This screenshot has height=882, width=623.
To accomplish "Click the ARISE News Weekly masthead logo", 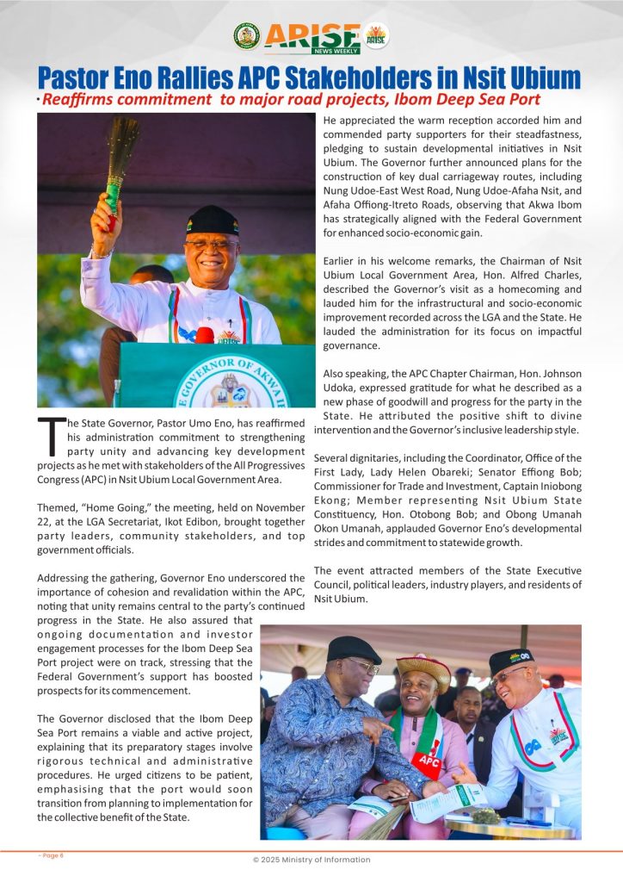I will coord(311,37).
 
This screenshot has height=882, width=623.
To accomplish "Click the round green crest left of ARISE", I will coord(246,36).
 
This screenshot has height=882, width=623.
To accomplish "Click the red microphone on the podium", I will coord(205,334).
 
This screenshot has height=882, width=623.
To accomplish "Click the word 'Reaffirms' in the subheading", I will coord(80,100).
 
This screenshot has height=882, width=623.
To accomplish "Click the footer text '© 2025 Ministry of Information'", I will coord(311,860).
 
